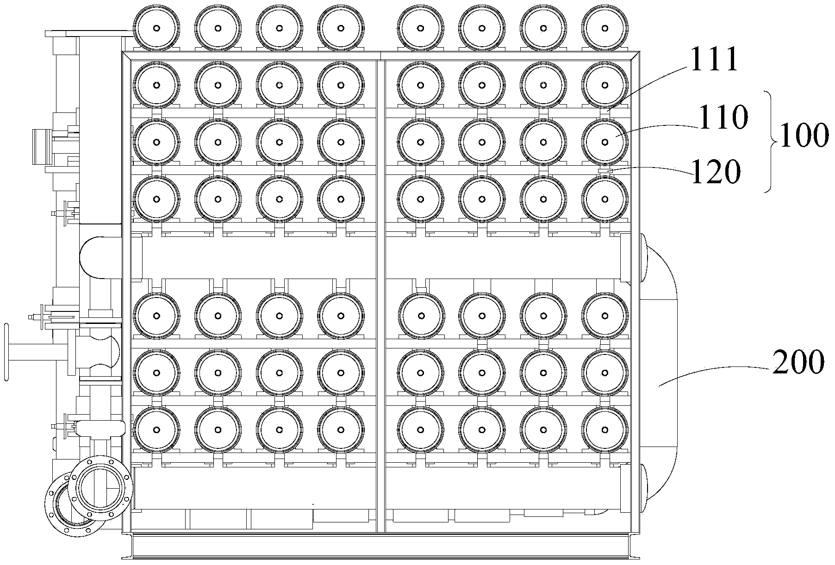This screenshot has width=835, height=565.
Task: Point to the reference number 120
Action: click(716, 173)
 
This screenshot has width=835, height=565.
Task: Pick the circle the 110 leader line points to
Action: click(604, 142)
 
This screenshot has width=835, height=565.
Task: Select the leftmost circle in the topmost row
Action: click(156, 28)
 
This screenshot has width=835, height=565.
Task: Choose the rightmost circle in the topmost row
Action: click(604, 28)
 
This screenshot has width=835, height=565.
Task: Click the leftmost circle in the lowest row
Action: click(156, 429)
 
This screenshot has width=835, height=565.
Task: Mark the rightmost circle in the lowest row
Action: click(604, 429)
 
